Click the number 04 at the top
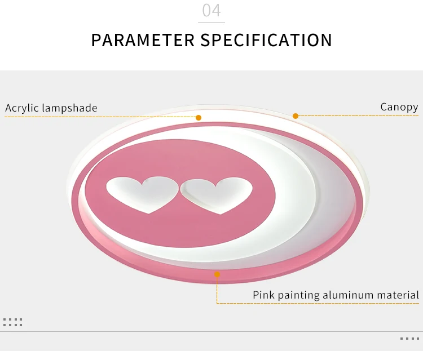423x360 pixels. (x=211, y=11)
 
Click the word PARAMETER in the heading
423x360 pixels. (x=142, y=41)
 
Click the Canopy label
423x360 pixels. (x=399, y=107)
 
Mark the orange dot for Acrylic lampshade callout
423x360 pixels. (x=199, y=118)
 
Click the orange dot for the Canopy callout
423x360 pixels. (x=296, y=116)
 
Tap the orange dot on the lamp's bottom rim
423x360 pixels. (x=217, y=274)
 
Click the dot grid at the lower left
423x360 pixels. (x=12, y=322)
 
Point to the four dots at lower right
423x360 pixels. (x=409, y=339)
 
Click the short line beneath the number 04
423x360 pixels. (x=211, y=23)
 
